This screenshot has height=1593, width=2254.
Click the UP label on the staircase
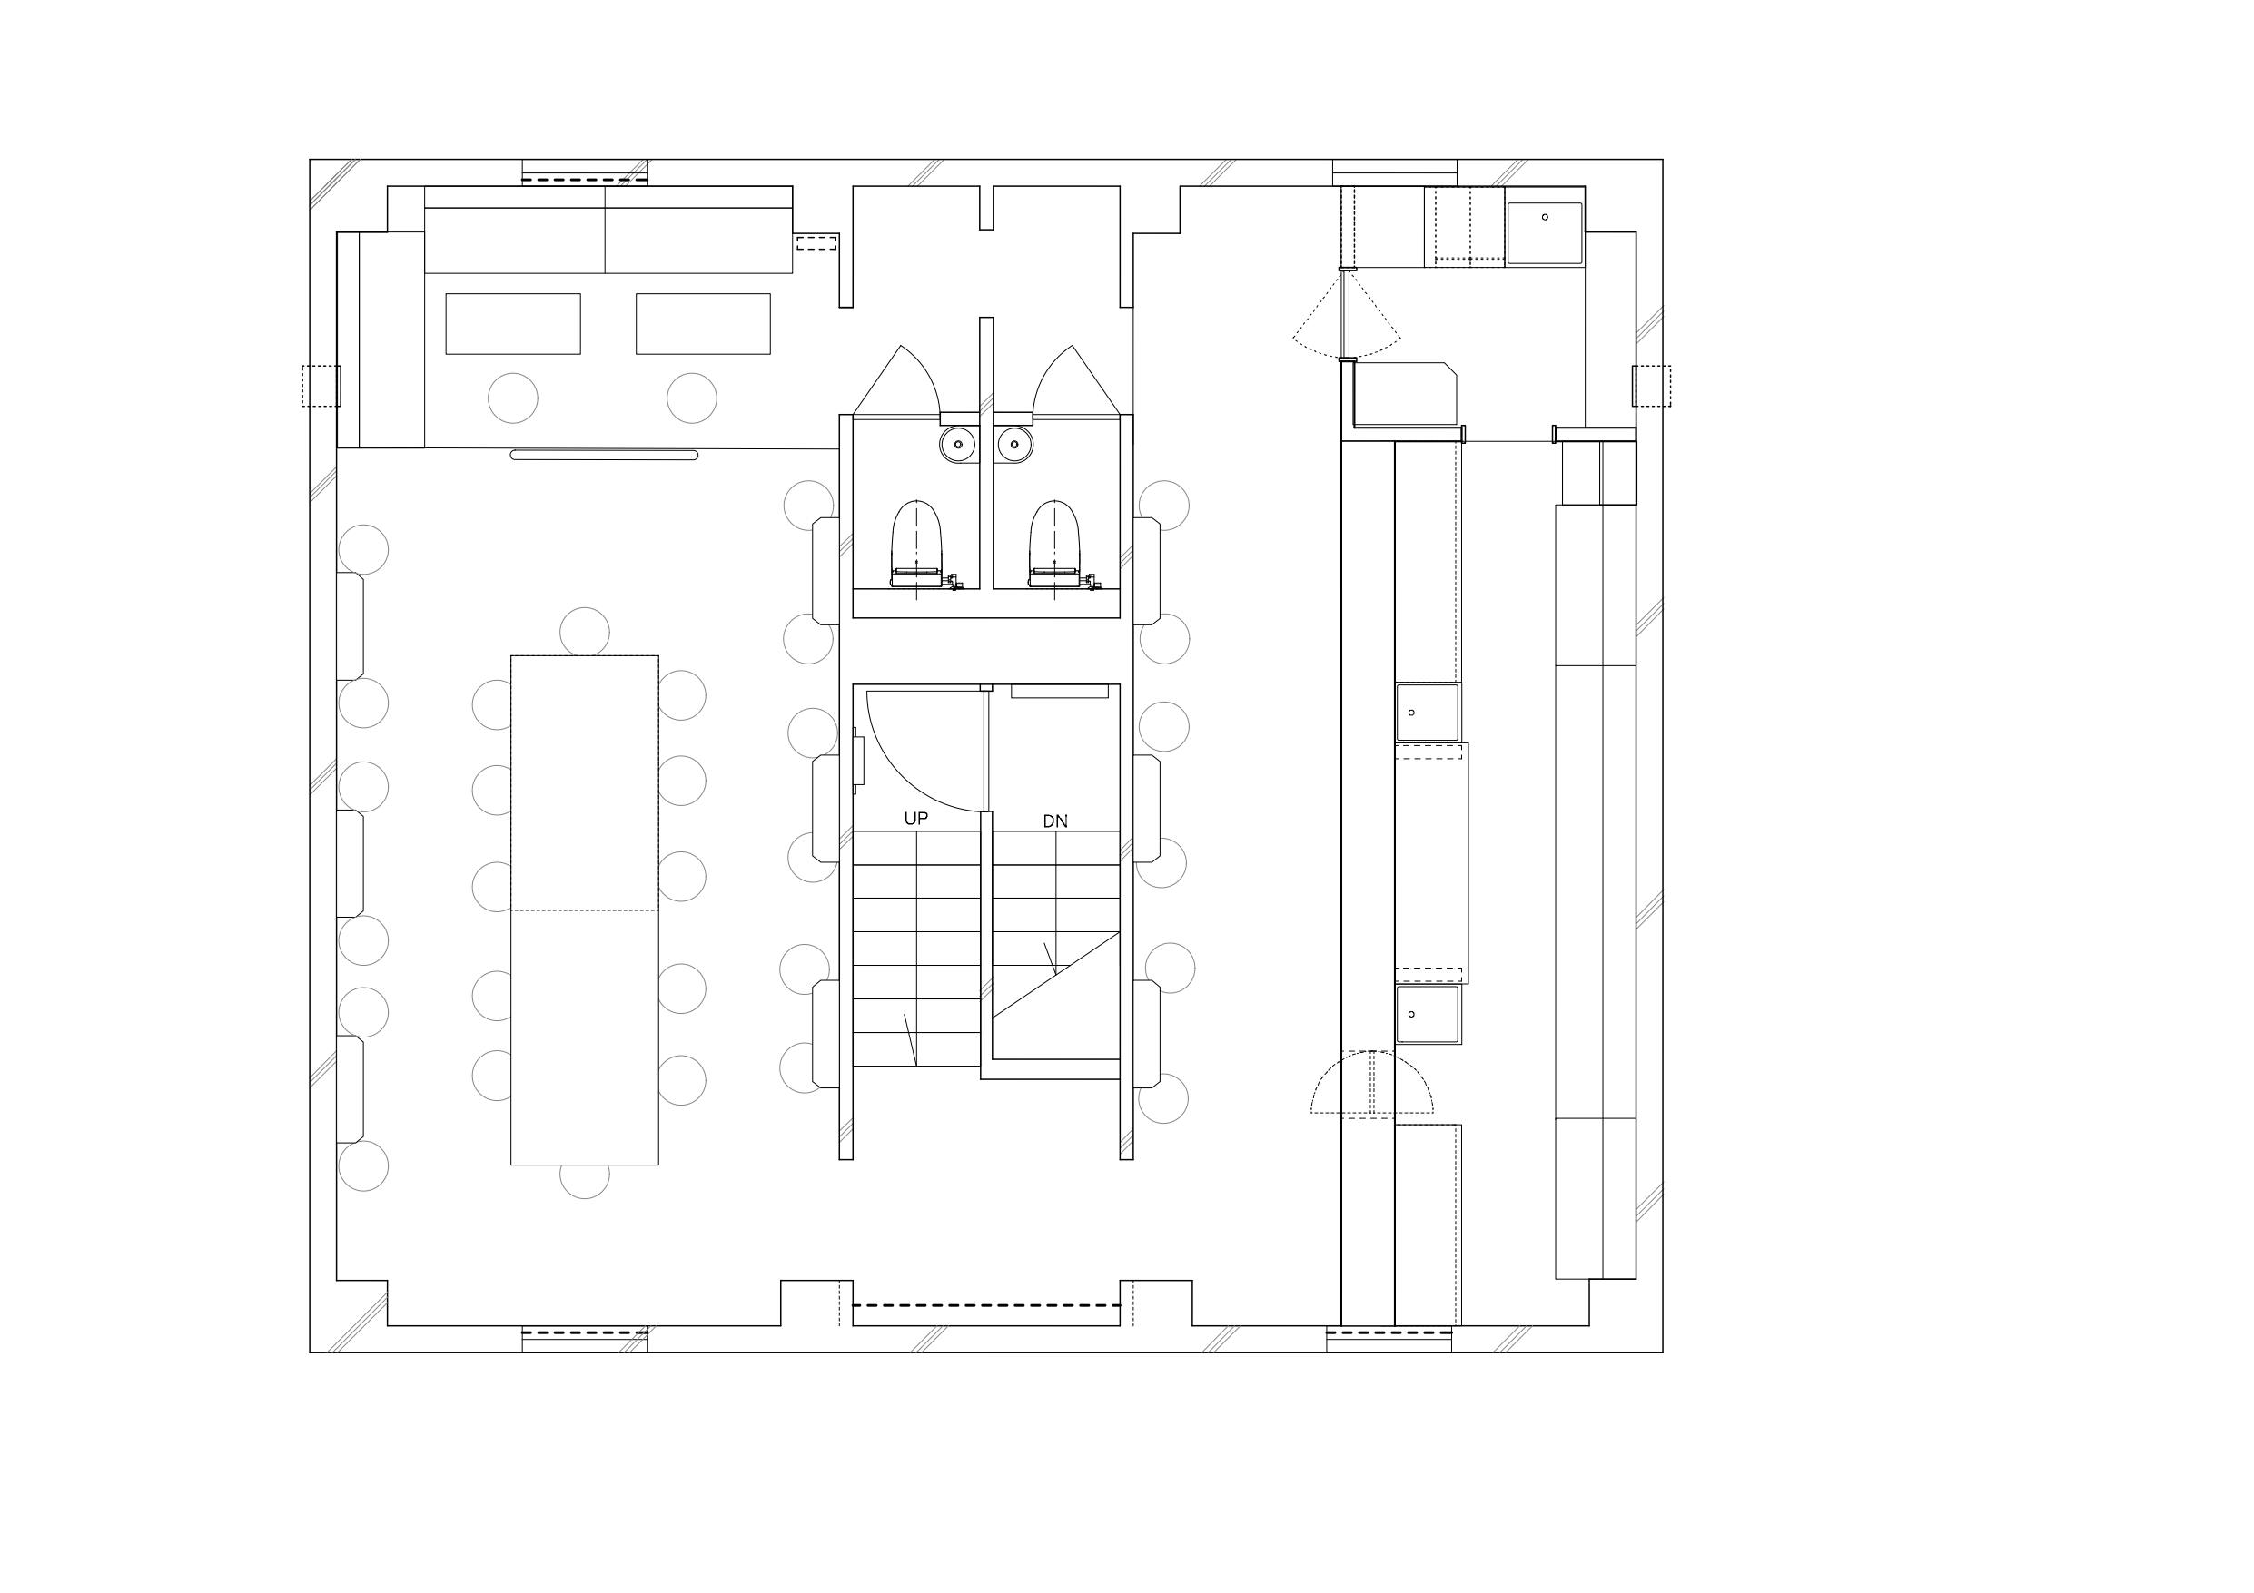pyautogui.click(x=915, y=819)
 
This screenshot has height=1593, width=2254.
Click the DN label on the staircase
pyautogui.click(x=1055, y=821)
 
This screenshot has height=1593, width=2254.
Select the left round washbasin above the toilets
pyautogui.click(x=958, y=445)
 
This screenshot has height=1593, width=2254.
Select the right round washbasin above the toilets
pyautogui.click(x=1015, y=445)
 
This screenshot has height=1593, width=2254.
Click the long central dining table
pyautogui.click(x=584, y=910)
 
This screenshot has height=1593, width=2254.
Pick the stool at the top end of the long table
pyautogui.click(x=584, y=631)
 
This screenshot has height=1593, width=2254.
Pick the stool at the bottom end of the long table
pyautogui.click(x=584, y=1181)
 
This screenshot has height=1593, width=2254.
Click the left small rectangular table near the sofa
pyautogui.click(x=512, y=324)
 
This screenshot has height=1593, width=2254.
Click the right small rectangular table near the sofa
pyautogui.click(x=703, y=324)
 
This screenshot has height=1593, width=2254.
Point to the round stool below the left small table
pyautogui.click(x=512, y=398)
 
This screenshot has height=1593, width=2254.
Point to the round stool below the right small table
pyautogui.click(x=691, y=398)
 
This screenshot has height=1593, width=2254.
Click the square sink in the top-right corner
pyautogui.click(x=1544, y=233)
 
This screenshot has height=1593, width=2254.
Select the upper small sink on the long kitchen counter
pyautogui.click(x=1428, y=713)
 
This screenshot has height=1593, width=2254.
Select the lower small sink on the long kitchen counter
pyautogui.click(x=1428, y=1014)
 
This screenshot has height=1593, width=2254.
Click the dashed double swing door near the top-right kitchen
pyautogui.click(x=1346, y=312)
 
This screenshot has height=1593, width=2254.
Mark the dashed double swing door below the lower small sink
pyautogui.click(x=1371, y=1084)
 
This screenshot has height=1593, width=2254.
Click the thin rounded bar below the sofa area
pyautogui.click(x=605, y=456)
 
